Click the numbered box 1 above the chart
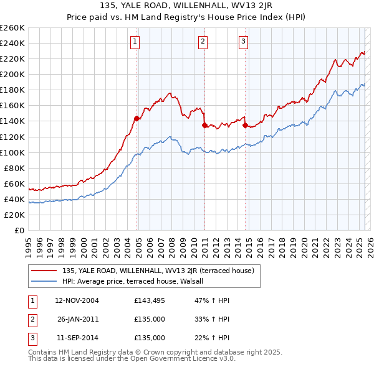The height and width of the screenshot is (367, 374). [135, 42]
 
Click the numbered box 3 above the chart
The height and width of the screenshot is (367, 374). [243, 42]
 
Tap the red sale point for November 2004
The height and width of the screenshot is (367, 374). [137, 118]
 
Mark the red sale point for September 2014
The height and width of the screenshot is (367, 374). [245, 125]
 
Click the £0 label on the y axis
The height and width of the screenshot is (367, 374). [19, 230]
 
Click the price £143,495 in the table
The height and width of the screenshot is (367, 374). [149, 300]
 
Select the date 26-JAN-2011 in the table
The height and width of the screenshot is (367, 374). [77, 319]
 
